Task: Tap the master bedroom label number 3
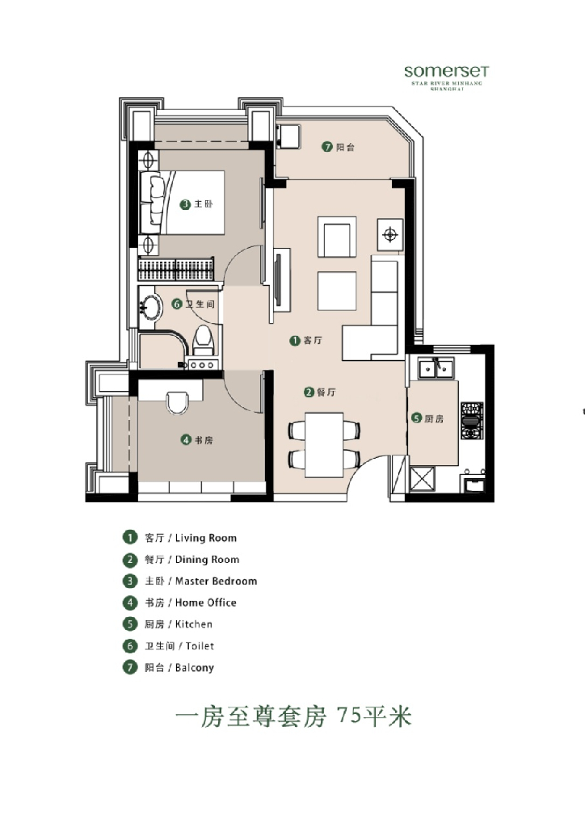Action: (x=185, y=205)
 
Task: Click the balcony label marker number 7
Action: (x=327, y=147)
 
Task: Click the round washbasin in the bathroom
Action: (x=151, y=306)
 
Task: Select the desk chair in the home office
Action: (x=179, y=401)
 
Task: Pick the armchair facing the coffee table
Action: (x=336, y=237)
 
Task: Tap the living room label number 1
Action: (x=295, y=342)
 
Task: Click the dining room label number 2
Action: (x=309, y=393)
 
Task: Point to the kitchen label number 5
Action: (x=417, y=418)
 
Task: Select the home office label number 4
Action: (x=186, y=440)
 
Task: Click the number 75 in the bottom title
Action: (x=351, y=716)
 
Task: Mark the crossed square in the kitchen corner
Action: (x=423, y=479)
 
